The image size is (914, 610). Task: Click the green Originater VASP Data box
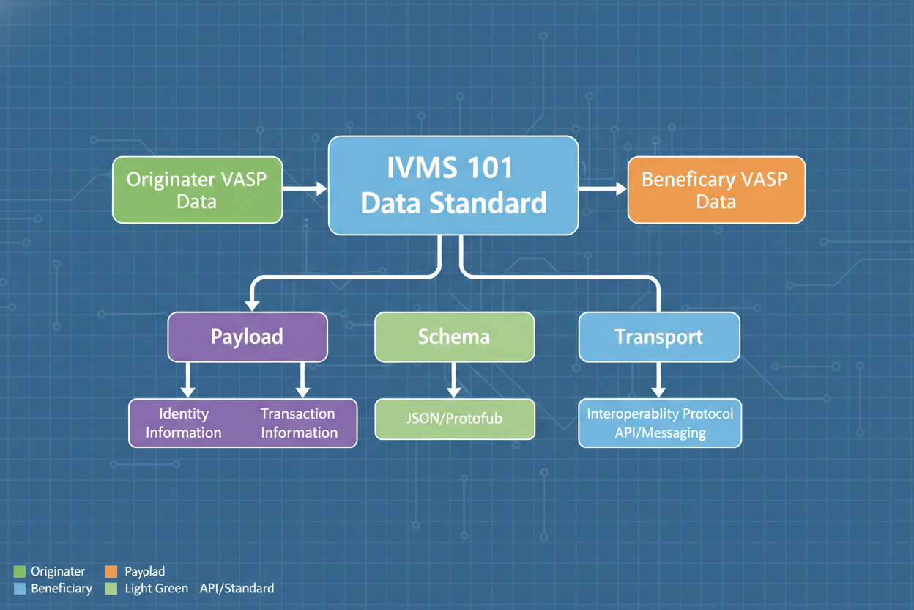point(197,190)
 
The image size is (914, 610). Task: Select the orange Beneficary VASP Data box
point(716,190)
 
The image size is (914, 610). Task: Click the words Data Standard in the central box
point(453,202)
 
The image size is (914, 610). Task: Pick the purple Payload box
point(247,337)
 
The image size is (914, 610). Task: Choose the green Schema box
point(454,337)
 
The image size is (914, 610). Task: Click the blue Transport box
point(658,337)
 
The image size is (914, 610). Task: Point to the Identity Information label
point(183,423)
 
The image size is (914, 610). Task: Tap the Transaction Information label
point(299,423)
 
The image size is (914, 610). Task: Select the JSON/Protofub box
point(454,419)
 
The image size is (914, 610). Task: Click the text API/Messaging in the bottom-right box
point(660,433)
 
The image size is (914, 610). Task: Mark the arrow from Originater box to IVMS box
point(305,189)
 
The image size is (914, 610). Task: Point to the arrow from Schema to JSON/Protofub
point(454,380)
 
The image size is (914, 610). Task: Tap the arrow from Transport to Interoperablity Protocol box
point(658,380)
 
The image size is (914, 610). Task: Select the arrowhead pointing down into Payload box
point(252,304)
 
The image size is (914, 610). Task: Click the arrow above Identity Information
point(187,380)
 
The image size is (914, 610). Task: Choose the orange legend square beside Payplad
point(111,572)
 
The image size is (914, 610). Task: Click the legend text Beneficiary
point(62,588)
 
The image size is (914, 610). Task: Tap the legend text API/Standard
point(237,588)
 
